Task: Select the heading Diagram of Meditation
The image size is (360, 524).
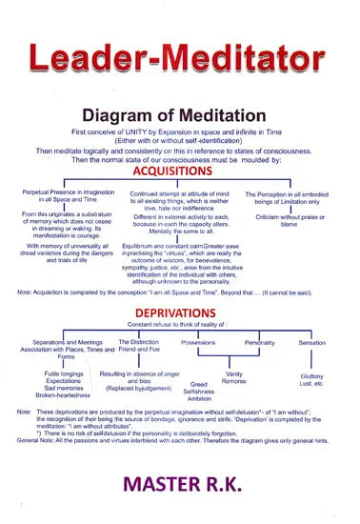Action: point(179,112)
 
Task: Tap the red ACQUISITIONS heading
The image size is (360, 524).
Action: point(179,172)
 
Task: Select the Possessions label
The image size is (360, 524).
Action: point(199,341)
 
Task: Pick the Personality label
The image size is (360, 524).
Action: point(259,341)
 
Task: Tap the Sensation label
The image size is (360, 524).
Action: point(311,341)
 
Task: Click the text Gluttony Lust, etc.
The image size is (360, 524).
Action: point(311,380)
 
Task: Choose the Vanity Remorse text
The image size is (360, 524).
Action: point(233,377)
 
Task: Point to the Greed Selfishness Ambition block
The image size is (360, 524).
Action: point(199,391)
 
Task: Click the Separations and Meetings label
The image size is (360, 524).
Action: point(68,341)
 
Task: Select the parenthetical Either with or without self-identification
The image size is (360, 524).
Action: point(179,139)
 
